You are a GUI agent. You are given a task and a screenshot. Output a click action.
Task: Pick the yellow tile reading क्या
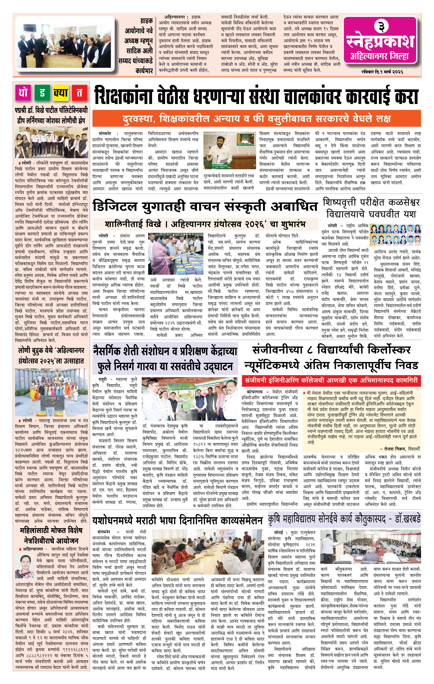coord(61,93)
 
